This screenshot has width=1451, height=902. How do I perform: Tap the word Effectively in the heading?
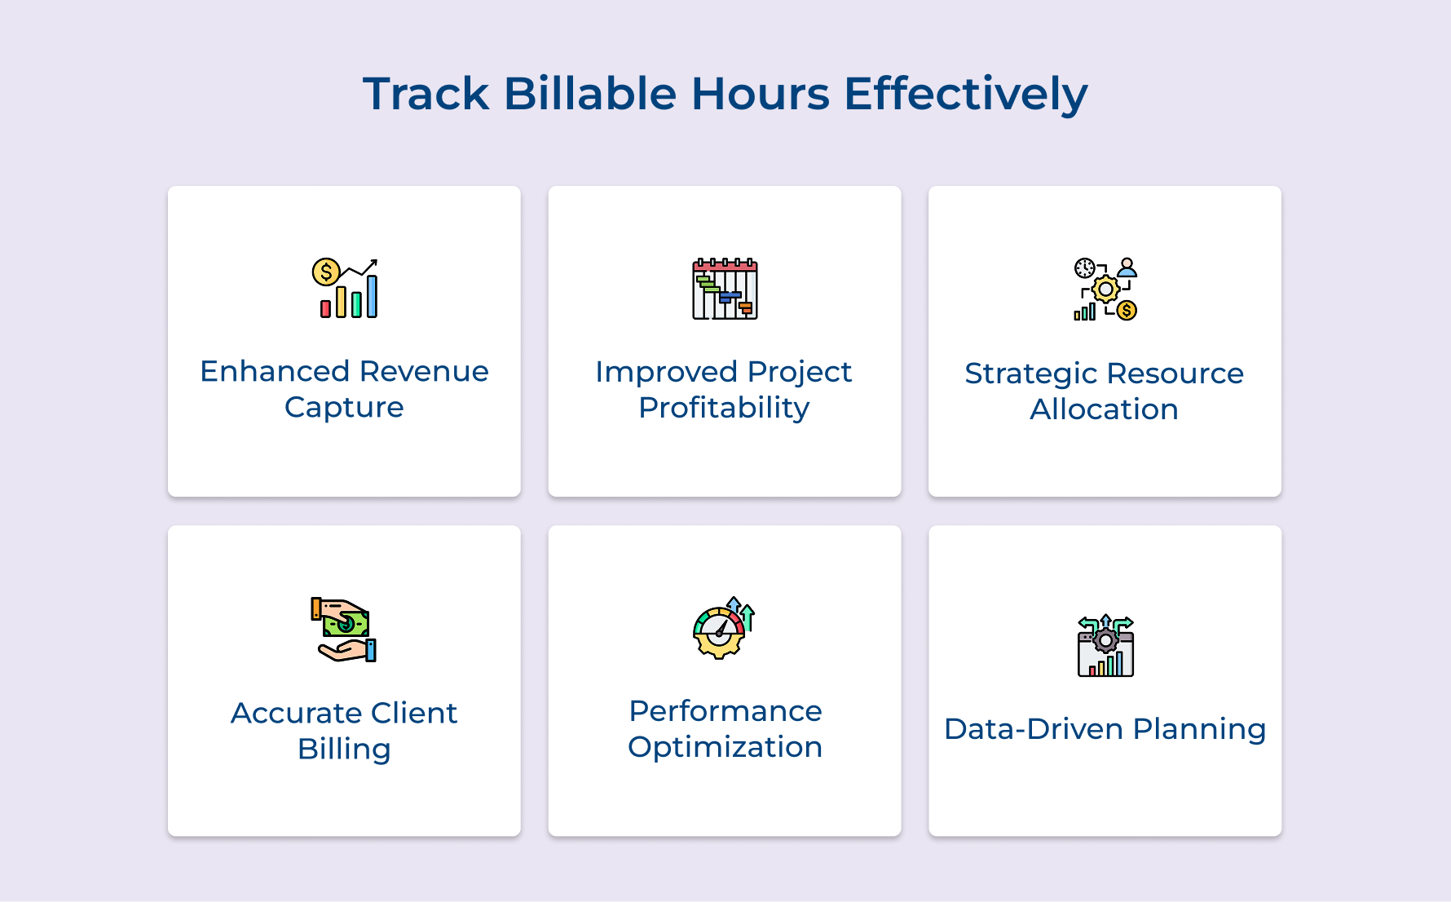(x=965, y=94)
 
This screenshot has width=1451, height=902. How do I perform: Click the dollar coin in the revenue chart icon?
(x=326, y=272)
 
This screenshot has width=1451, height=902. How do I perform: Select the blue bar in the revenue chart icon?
(x=372, y=295)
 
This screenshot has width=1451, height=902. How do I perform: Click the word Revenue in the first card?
(x=424, y=371)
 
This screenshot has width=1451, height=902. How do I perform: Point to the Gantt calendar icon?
(x=725, y=290)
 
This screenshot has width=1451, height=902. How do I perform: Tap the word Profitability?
(x=724, y=408)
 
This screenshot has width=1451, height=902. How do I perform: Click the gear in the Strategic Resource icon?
(x=1105, y=290)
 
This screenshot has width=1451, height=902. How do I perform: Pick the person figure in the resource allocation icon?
(x=1127, y=268)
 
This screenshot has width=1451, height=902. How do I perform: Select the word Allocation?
(x=1104, y=409)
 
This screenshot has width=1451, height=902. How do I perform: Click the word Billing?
(x=344, y=749)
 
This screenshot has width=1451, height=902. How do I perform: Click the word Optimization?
(x=725, y=747)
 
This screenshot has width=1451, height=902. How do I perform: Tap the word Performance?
(x=725, y=711)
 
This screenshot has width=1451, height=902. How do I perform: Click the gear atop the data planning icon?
(x=1105, y=640)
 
